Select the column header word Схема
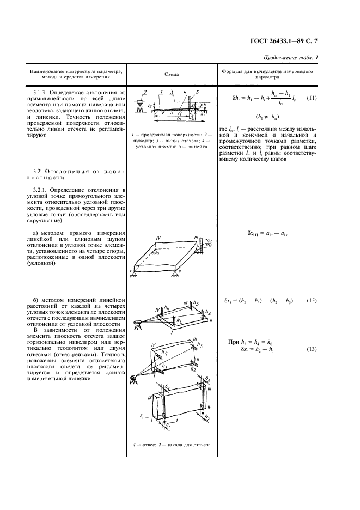pos(172,74)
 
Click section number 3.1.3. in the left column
pos(41,93)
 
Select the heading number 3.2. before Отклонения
pos(39,171)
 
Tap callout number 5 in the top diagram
pos(197,92)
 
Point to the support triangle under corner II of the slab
pos(183,274)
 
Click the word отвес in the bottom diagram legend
pos(147,445)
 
